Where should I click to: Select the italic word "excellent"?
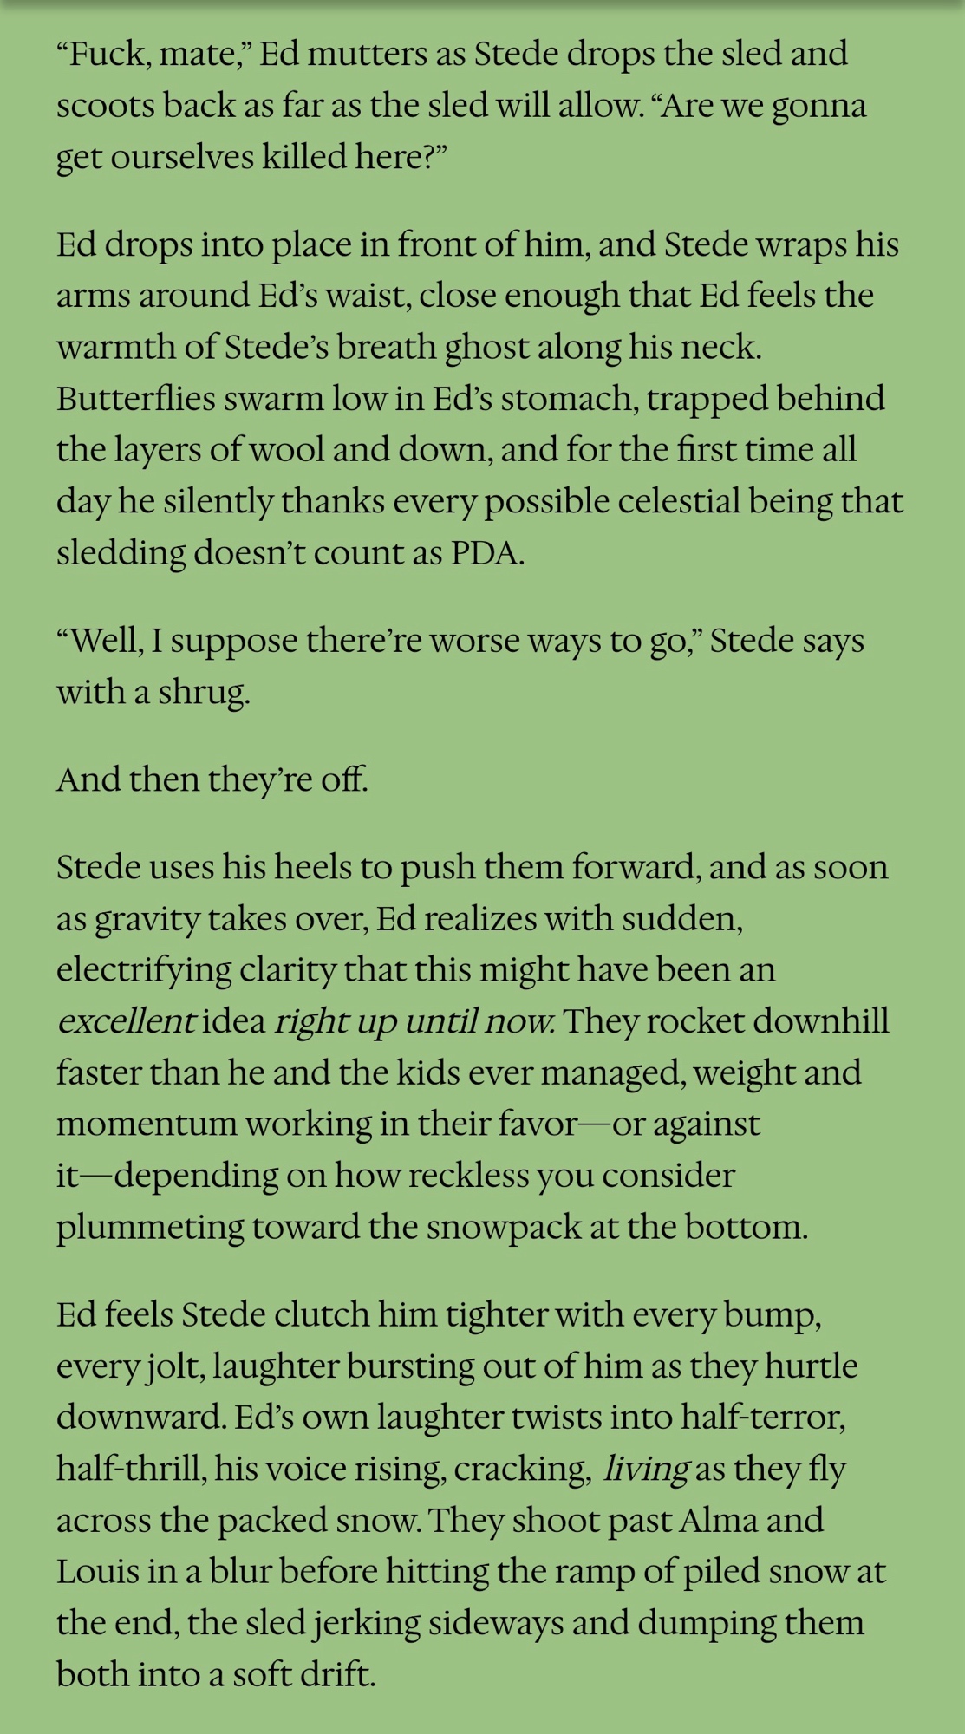tap(125, 1020)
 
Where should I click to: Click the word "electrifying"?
tap(144, 969)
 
